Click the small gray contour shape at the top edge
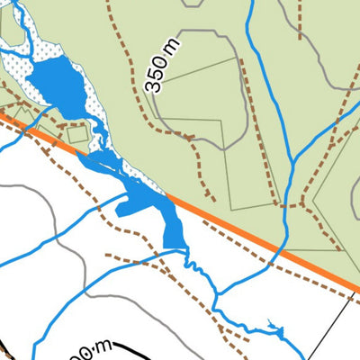point(192,4)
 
